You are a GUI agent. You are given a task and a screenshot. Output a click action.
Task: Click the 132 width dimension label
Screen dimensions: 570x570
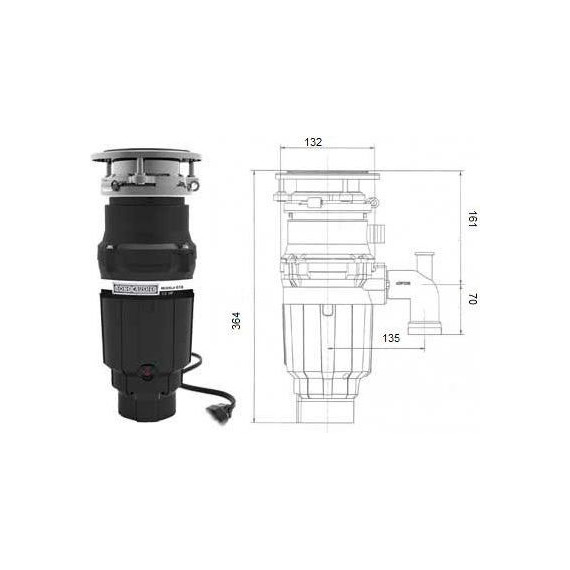pos(314,142)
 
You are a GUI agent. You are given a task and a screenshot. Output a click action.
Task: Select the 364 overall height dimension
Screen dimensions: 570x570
pos(236,321)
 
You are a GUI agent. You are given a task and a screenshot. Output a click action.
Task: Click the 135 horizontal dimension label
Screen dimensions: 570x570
pos(391,338)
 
